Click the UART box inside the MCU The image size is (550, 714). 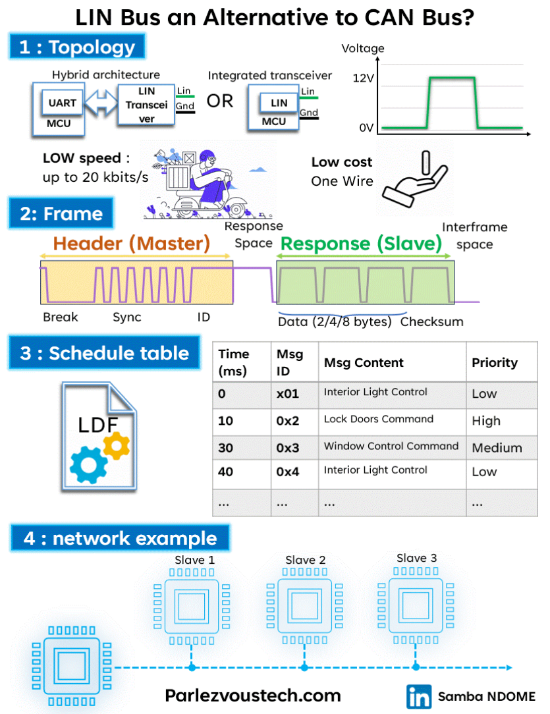(x=63, y=103)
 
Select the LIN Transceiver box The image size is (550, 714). (x=146, y=105)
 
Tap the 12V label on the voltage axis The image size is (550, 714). (x=364, y=78)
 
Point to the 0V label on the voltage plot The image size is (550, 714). (x=366, y=128)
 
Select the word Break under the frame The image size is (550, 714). (x=61, y=317)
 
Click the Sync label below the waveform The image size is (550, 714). (x=127, y=317)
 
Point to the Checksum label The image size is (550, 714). (x=431, y=322)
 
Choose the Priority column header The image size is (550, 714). (x=495, y=362)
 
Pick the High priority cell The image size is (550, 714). (x=486, y=421)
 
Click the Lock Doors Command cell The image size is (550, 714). (x=379, y=419)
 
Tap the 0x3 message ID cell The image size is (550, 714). (x=288, y=448)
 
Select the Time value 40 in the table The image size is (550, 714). (x=227, y=472)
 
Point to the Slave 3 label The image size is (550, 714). (x=416, y=558)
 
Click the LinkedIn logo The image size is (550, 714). (x=419, y=696)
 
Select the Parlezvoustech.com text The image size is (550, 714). (x=253, y=696)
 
